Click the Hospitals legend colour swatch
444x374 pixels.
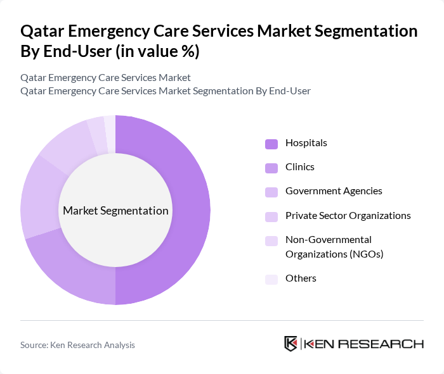click(271, 144)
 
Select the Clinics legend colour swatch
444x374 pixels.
click(271, 168)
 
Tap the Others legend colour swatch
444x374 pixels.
click(271, 279)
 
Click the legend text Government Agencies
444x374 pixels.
click(334, 191)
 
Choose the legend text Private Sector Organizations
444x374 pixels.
click(348, 216)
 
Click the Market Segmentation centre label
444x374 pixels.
click(115, 211)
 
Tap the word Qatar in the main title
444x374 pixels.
click(41, 32)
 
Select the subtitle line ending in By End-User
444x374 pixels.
click(166, 91)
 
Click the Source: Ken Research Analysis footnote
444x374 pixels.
click(77, 345)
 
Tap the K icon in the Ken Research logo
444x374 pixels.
click(291, 344)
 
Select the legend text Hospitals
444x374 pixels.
click(306, 143)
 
